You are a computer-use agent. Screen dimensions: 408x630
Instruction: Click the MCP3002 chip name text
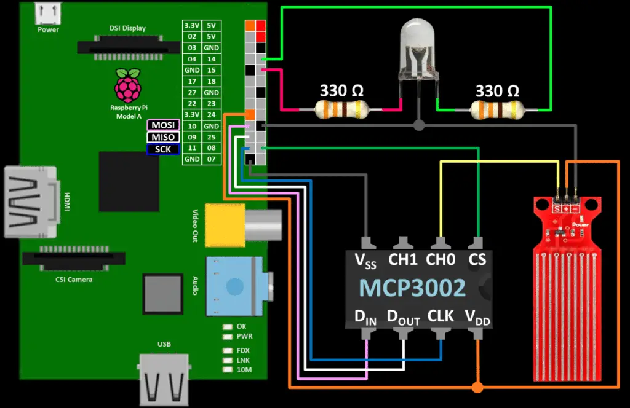pyautogui.click(x=412, y=288)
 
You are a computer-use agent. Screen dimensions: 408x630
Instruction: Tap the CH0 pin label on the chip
pyautogui.click(x=441, y=259)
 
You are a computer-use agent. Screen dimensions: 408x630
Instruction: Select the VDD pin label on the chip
pyautogui.click(x=478, y=318)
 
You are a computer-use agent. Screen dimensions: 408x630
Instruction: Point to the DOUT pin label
pyautogui.click(x=403, y=318)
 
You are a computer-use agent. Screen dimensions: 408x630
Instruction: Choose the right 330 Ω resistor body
pyautogui.click(x=497, y=111)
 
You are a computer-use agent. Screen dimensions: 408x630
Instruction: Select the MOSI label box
pyautogui.click(x=163, y=125)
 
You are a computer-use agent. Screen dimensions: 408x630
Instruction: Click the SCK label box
pyautogui.click(x=163, y=149)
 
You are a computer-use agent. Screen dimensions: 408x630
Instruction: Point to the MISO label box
pyautogui.click(x=163, y=137)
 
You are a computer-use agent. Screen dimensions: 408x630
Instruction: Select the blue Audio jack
pyautogui.click(x=234, y=285)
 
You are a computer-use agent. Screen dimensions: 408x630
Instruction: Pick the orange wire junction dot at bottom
pyautogui.click(x=477, y=387)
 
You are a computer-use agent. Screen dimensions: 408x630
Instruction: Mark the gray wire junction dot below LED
pyautogui.click(x=419, y=125)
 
